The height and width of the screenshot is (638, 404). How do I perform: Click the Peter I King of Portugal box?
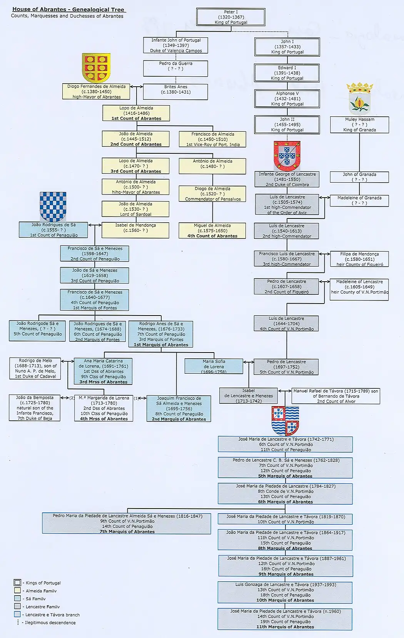pos(231,17)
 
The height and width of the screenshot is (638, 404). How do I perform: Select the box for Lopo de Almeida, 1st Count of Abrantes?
pos(136,113)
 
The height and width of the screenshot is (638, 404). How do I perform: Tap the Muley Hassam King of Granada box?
pos(359,125)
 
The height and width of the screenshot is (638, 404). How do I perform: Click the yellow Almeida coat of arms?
pos(96,68)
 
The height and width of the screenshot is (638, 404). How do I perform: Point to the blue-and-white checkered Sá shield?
pos(53,207)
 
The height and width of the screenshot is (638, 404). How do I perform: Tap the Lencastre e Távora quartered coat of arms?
pos(285,420)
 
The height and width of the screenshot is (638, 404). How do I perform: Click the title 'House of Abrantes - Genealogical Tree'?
pos(68,9)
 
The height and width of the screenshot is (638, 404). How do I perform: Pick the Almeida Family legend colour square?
pos(17,591)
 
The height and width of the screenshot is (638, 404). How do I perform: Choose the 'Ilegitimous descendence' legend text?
pos(50,623)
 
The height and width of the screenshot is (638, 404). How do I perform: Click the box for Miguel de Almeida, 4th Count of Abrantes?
pos(212,231)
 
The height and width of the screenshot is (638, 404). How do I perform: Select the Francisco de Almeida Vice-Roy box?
pos(212,139)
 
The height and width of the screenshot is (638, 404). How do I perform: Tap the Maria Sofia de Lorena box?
pos(214,366)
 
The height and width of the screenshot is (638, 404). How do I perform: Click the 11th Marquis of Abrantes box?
pos(285,619)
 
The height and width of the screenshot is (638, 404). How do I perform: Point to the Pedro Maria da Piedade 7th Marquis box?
pos(127,524)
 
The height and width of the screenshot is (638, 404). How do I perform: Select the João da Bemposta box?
pos(35,408)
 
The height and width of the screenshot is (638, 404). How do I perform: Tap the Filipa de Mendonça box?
pos(359,259)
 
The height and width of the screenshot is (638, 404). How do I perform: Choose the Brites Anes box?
pos(175,92)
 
